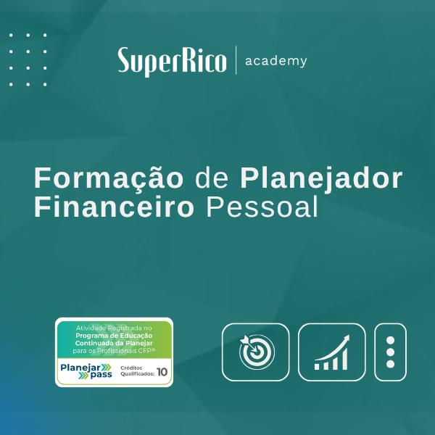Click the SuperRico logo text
173,61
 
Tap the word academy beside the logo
276,60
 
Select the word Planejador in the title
321,179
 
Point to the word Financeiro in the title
114,208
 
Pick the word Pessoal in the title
262,208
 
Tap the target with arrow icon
255,352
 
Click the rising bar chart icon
331,352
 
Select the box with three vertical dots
390,352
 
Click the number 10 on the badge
162,372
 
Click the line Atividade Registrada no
115,328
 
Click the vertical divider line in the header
236,60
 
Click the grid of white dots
28,59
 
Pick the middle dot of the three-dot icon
390,352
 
